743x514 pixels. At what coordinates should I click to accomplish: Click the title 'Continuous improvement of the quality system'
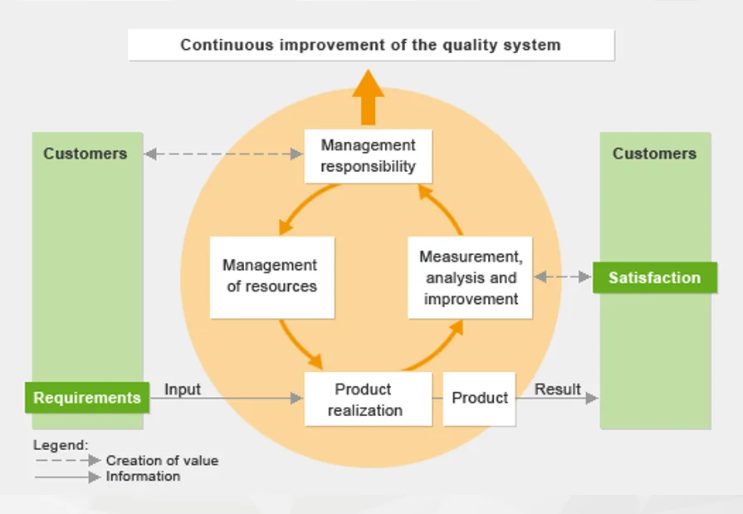click(370, 45)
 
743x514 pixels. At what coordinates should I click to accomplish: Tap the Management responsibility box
click(368, 155)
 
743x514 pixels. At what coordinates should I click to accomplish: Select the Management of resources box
click(271, 277)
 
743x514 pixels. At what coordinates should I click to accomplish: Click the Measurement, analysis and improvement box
click(471, 277)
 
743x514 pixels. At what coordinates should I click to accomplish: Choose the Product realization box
click(367, 399)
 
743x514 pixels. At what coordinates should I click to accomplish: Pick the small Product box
click(479, 399)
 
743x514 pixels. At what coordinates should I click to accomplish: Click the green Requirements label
click(87, 398)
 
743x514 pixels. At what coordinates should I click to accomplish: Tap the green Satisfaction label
click(654, 278)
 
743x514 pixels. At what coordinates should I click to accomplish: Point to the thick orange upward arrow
click(368, 97)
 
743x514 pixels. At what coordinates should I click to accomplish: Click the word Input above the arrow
click(182, 389)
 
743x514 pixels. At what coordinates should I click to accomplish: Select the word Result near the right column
click(557, 389)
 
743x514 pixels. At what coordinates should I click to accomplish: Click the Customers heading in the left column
click(86, 154)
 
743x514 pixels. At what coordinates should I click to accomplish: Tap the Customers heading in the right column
click(654, 154)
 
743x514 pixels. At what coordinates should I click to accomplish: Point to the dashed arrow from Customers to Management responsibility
click(223, 154)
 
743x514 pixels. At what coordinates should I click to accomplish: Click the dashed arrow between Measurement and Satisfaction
click(563, 277)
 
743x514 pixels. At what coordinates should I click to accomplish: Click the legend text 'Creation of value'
click(162, 460)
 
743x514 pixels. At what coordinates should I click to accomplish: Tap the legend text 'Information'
click(143, 477)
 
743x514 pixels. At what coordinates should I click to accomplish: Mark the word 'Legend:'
click(61, 445)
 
